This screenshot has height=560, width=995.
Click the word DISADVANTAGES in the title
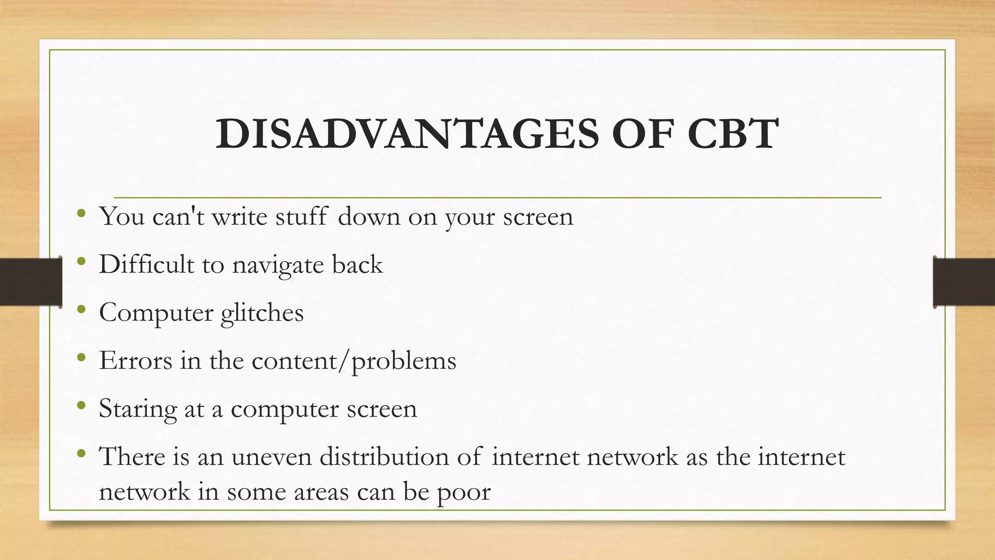click(x=407, y=134)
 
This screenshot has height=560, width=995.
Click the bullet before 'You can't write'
click(x=81, y=213)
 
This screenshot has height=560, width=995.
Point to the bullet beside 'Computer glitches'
click(x=81, y=309)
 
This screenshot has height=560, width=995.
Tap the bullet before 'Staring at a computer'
click(x=81, y=405)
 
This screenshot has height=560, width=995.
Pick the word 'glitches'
click(x=262, y=313)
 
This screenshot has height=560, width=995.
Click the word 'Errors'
click(x=136, y=360)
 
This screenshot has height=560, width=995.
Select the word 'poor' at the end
click(x=464, y=492)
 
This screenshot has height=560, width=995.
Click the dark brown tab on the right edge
click(x=964, y=282)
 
